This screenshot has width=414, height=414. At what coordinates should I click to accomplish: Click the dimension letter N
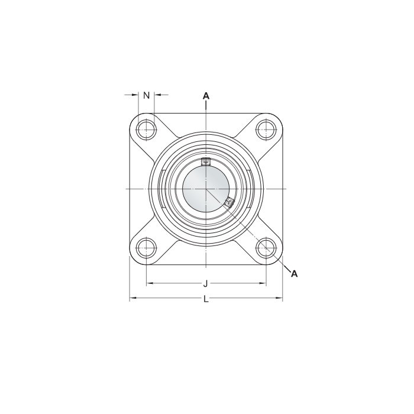coord(147,95)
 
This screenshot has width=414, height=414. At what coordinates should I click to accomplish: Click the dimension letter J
coord(205,284)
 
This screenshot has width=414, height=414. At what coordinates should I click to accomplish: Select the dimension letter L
coord(206,299)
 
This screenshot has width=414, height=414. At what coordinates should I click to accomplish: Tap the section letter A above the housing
coord(206,95)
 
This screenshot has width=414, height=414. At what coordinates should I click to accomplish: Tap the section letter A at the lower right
coord(294,273)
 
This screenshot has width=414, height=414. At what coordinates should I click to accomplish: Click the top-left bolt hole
coord(145,129)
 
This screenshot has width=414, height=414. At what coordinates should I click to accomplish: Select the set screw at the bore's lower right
coord(229,204)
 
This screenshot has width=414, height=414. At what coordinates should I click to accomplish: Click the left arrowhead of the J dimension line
coord(149,284)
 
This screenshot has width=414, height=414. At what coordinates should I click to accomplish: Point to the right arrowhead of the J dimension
coord(263,284)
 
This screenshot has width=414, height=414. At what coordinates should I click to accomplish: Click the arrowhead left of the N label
coord(135,95)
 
